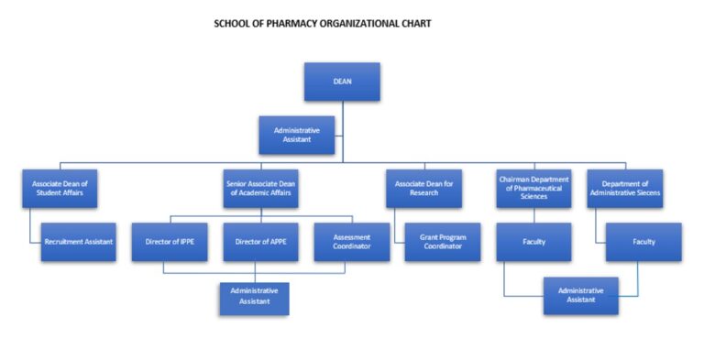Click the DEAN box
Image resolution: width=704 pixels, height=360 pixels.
pyautogui.click(x=342, y=82)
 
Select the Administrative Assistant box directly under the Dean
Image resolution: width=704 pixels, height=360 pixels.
pyautogui.click(x=297, y=136)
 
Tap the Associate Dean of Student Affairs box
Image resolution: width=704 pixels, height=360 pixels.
pyautogui.click(x=59, y=189)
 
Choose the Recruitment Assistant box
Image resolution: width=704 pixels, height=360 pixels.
pyautogui.click(x=78, y=242)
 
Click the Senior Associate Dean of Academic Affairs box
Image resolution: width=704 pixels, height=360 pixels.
pyautogui.click(x=261, y=189)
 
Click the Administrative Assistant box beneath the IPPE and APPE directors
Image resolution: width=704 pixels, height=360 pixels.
pyautogui.click(x=254, y=296)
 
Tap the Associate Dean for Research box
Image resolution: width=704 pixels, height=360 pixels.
pyautogui.click(x=423, y=189)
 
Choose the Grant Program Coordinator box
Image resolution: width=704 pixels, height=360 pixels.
pyautogui.click(x=442, y=242)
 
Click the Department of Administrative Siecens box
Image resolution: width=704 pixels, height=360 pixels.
pyautogui.click(x=624, y=189)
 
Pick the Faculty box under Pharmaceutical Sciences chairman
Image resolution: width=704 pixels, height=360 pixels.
pyautogui.click(x=533, y=242)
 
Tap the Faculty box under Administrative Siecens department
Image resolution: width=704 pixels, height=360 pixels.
pyautogui.click(x=643, y=242)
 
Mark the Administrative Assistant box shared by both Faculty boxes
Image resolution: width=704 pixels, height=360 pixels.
pyautogui.click(x=579, y=296)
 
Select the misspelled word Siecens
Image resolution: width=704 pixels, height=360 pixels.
pyautogui.click(x=644, y=194)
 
